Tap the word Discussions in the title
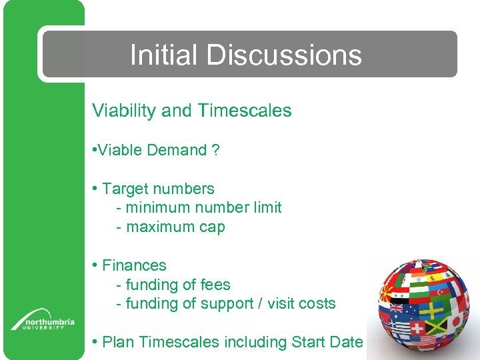tap(284, 55)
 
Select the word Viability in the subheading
tap(124, 111)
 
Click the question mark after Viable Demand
tap(215, 150)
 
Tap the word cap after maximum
tap(211, 227)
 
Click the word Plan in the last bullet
tap(118, 343)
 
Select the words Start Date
tap(327, 343)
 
